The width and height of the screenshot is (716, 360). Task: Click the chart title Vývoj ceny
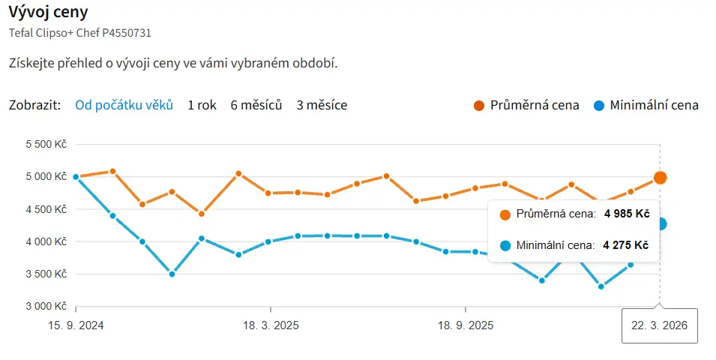pyautogui.click(x=48, y=12)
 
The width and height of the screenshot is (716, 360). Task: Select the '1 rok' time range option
pyautogui.click(x=202, y=105)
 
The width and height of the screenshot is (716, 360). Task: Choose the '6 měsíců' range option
pyautogui.click(x=256, y=105)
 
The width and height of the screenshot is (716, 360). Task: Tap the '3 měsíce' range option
pyautogui.click(x=322, y=105)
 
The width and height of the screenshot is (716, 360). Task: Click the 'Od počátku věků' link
pyautogui.click(x=124, y=105)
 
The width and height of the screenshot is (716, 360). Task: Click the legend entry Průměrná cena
pyautogui.click(x=526, y=105)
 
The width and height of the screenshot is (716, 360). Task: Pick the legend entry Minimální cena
pyautogui.click(x=646, y=105)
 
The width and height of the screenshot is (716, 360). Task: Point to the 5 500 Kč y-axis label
pyautogui.click(x=46, y=144)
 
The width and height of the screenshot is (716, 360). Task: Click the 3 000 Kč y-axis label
pyautogui.click(x=46, y=306)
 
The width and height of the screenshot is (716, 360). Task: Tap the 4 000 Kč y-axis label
pyautogui.click(x=46, y=241)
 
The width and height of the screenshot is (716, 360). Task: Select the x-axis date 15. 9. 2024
pyautogui.click(x=76, y=325)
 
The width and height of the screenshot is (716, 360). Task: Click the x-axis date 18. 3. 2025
pyautogui.click(x=271, y=325)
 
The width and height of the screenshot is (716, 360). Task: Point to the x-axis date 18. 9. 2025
pyautogui.click(x=466, y=325)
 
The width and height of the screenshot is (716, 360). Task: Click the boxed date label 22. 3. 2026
pyautogui.click(x=660, y=325)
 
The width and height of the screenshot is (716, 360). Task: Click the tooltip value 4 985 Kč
pyautogui.click(x=626, y=214)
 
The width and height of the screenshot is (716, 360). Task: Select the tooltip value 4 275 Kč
pyautogui.click(x=626, y=245)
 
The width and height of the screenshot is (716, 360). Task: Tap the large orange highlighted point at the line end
pyautogui.click(x=660, y=178)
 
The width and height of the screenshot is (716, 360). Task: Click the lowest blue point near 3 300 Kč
pyautogui.click(x=601, y=286)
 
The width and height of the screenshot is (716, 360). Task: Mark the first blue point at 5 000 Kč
pyautogui.click(x=76, y=177)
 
